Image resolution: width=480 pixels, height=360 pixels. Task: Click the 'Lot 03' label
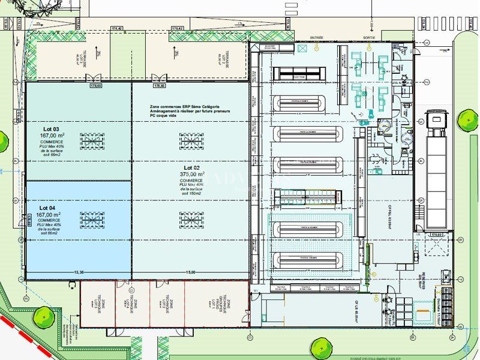51,129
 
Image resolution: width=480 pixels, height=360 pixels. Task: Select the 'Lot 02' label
191,167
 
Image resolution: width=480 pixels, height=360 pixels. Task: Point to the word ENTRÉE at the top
316,37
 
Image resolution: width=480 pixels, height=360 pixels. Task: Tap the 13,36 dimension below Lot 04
78,272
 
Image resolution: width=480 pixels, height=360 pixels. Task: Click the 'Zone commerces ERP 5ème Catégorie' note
188,106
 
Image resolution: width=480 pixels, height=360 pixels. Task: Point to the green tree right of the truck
467,119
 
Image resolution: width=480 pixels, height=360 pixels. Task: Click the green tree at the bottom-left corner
43,316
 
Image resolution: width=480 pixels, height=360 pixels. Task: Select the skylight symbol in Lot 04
92,220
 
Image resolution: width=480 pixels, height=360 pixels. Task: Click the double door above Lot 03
94,78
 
